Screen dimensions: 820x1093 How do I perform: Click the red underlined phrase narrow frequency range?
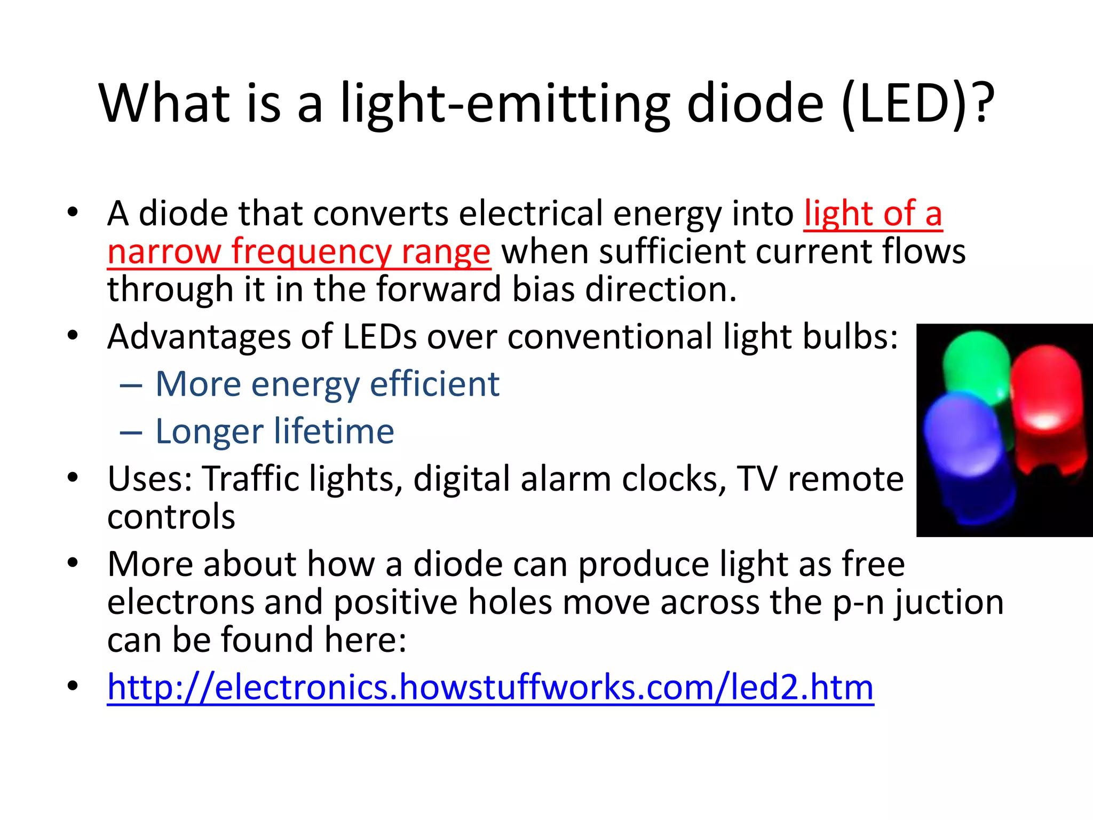click(x=299, y=252)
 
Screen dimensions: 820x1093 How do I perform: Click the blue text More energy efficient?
click(x=327, y=384)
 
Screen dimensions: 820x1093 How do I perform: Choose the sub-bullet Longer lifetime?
click(x=274, y=431)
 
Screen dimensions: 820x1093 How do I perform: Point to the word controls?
click(x=171, y=517)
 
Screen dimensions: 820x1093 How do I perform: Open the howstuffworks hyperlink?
click(x=490, y=687)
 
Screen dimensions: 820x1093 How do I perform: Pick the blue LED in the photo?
click(x=966, y=454)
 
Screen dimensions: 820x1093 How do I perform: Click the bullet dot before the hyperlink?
click(x=73, y=685)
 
